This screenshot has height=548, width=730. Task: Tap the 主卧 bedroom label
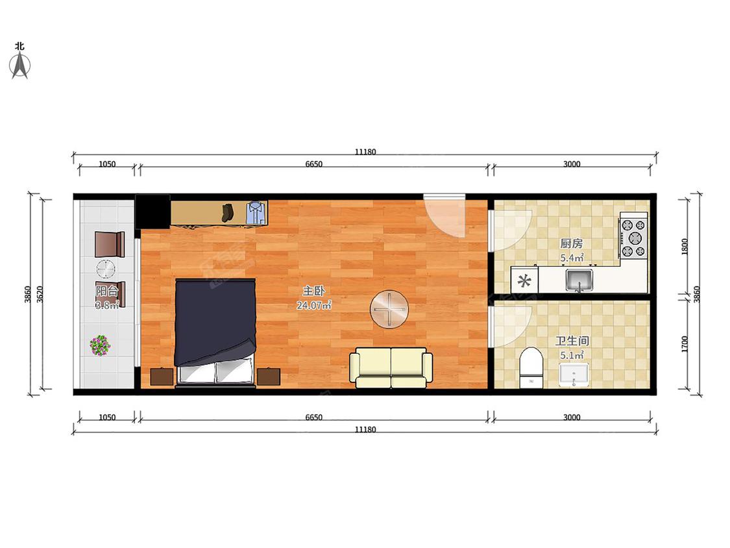pyautogui.click(x=313, y=292)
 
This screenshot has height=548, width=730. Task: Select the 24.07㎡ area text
pyautogui.click(x=314, y=306)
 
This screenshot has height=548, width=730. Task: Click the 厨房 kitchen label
pyautogui.click(x=571, y=243)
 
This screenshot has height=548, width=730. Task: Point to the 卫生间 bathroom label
pyautogui.click(x=572, y=341)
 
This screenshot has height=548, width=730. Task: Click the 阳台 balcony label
pyautogui.click(x=106, y=292)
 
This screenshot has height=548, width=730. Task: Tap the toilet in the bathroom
pyautogui.click(x=531, y=367)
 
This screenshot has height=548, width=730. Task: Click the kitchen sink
pyautogui.click(x=579, y=280)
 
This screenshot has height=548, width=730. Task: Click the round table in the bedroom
pyautogui.click(x=389, y=309)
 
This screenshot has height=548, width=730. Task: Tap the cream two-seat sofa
pyautogui.click(x=391, y=367)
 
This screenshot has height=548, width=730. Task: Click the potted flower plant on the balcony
pyautogui.click(x=100, y=345)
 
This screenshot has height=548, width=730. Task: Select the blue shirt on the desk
pyautogui.click(x=256, y=213)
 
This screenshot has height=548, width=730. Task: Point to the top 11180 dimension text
pyautogui.click(x=365, y=152)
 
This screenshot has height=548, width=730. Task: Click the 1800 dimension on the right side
pyautogui.click(x=685, y=246)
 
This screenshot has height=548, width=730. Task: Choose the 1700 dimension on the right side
pyautogui.click(x=685, y=344)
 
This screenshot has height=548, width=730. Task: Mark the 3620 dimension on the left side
pyautogui.click(x=40, y=295)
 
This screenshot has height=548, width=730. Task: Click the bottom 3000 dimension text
pyautogui.click(x=572, y=417)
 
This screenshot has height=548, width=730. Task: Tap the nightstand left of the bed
pyautogui.click(x=162, y=377)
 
